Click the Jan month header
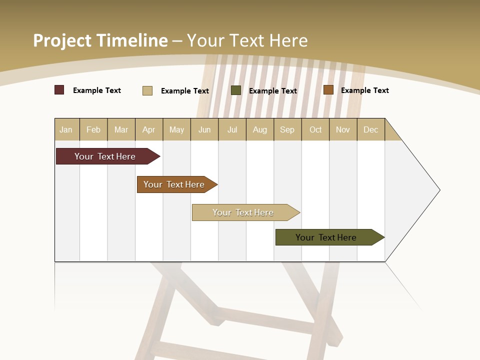click(x=66, y=129)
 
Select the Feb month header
click(x=93, y=129)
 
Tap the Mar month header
click(x=121, y=129)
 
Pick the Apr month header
click(x=149, y=129)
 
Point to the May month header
click(x=176, y=129)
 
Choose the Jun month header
click(x=204, y=129)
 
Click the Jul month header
click(x=232, y=129)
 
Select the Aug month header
click(x=260, y=129)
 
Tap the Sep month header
click(x=287, y=129)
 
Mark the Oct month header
click(x=315, y=129)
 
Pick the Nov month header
click(x=343, y=129)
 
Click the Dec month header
click(x=371, y=129)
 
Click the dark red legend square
click(x=59, y=90)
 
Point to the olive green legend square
click(x=236, y=90)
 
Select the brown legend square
click(x=328, y=90)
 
